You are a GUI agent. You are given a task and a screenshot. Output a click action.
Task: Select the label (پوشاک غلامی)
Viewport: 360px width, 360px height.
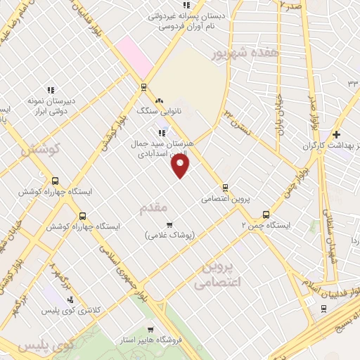click(169, 234)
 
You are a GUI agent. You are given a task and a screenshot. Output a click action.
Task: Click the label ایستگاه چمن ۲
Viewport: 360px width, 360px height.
click(265, 226)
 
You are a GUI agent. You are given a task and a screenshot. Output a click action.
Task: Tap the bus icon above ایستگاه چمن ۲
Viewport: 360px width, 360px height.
click(266, 214)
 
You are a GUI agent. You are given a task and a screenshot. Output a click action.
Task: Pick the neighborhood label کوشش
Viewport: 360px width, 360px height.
click(40, 149)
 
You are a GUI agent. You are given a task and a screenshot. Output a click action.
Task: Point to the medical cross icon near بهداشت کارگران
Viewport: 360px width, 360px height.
click(336, 134)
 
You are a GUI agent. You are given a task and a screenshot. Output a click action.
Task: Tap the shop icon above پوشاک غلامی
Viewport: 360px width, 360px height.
click(169, 224)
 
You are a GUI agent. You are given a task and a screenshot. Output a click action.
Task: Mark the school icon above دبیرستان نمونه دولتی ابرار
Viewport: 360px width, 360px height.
click(50, 90)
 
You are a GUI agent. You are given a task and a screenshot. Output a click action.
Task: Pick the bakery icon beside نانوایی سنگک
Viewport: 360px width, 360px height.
click(160, 101)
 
